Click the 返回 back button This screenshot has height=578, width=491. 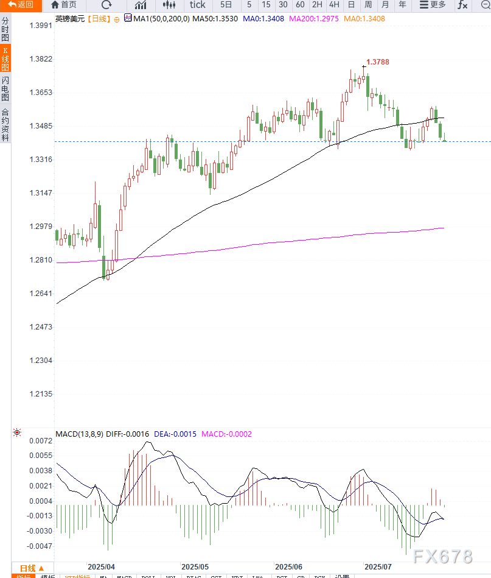point(21,5)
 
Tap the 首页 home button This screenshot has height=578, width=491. point(64,5)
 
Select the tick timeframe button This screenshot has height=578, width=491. point(197,5)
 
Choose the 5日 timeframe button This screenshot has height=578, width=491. point(226,5)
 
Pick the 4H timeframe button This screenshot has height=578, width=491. point(334,5)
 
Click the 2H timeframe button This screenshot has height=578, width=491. point(317,5)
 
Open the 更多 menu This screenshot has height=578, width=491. point(433,5)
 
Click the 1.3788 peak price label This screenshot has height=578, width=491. point(377,62)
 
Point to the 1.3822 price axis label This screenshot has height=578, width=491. point(41,59)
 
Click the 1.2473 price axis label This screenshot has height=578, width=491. point(41,327)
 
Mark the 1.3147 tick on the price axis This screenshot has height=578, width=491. point(41,193)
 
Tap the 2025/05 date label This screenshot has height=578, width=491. point(195,566)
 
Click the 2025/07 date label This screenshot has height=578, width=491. point(378,566)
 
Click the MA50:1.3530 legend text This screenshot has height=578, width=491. point(215,19)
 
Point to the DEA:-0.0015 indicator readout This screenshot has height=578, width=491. point(175,434)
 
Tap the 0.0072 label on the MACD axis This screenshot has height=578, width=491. point(41,440)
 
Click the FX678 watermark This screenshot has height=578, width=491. point(442,557)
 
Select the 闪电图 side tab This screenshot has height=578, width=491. point(5,89)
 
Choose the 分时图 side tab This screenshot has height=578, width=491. point(5,29)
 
